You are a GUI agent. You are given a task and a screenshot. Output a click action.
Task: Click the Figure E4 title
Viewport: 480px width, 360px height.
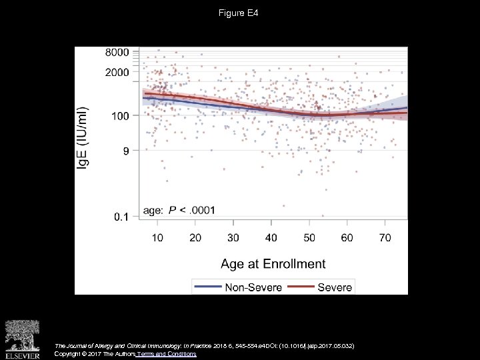[x=239, y=13]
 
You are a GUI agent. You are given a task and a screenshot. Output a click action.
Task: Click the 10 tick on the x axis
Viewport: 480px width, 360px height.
[x=157, y=237]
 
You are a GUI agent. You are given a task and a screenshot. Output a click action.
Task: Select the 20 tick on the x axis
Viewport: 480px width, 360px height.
[x=195, y=237]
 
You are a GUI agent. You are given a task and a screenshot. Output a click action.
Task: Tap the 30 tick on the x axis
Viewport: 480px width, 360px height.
[x=233, y=237]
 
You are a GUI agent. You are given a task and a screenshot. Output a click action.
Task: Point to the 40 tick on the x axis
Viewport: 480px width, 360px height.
[x=271, y=237]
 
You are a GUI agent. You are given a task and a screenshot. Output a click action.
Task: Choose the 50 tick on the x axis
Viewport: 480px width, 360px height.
[x=309, y=237]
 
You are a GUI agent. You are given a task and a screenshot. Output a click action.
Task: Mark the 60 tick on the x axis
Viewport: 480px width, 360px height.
[x=347, y=237]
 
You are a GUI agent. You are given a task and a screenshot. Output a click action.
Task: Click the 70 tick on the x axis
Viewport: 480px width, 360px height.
[x=385, y=237]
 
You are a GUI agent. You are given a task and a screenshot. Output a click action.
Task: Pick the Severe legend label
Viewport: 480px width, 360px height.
[x=335, y=287]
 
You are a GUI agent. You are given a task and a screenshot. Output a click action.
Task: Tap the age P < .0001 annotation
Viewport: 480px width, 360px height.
[x=179, y=210]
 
